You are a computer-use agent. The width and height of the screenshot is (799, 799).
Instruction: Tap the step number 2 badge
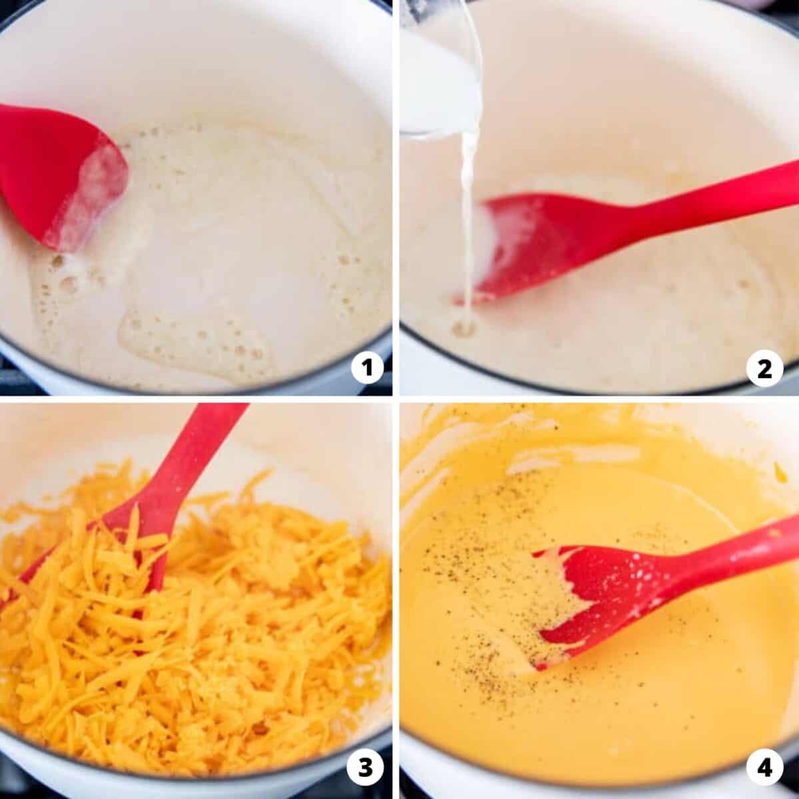coord(765,369)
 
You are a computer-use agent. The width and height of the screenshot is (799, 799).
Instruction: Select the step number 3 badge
coord(366,768)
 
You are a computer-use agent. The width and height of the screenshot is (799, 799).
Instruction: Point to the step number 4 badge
coord(764,768)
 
